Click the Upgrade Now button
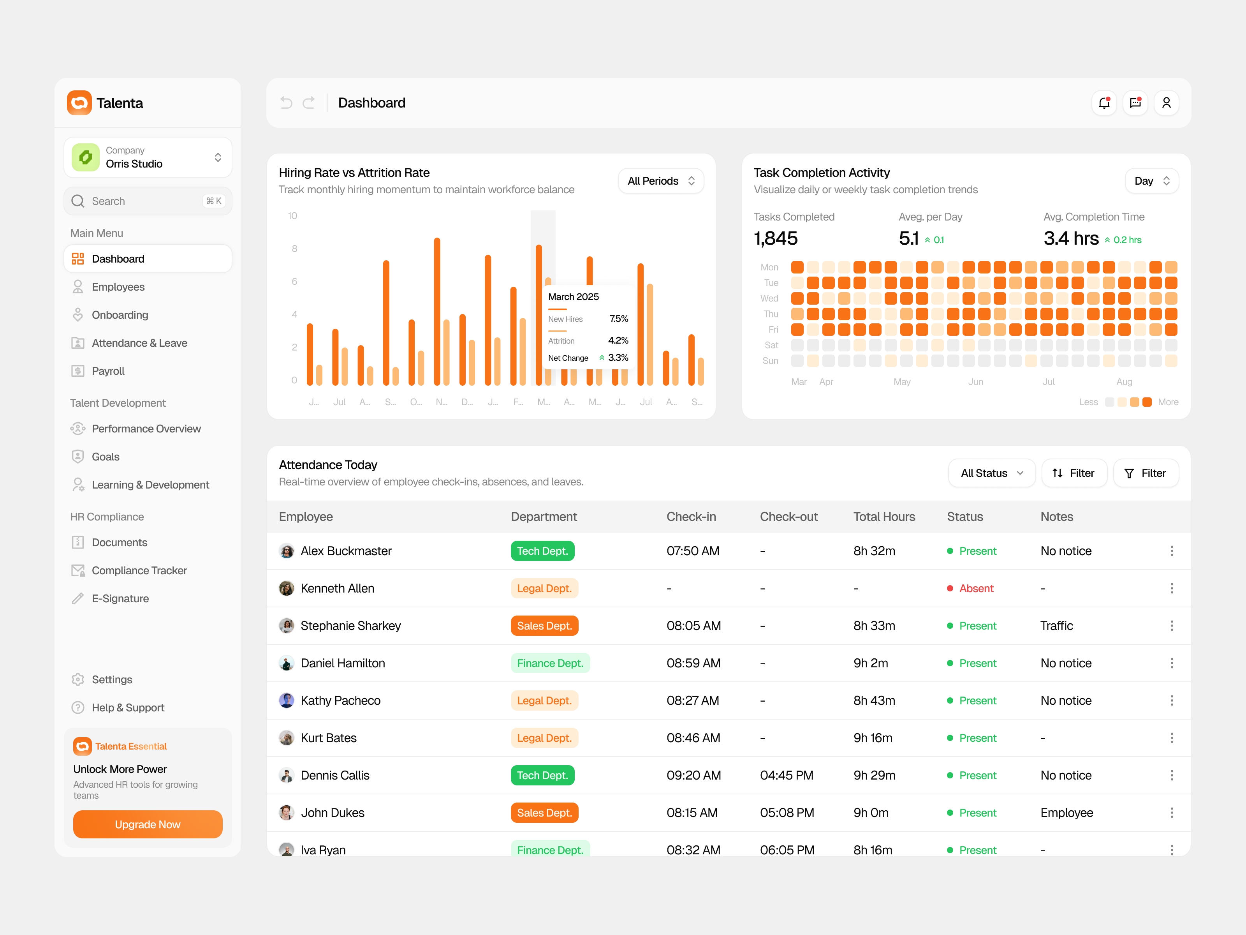(148, 824)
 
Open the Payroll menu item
(108, 371)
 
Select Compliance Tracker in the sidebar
(139, 570)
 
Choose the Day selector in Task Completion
(1151, 181)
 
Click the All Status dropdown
(991, 473)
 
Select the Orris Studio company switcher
(148, 157)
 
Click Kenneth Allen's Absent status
(976, 588)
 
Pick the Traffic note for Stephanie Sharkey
(1056, 626)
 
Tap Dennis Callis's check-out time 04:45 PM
(787, 776)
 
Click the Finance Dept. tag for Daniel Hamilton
(550, 663)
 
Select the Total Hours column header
(884, 517)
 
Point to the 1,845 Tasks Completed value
(776, 239)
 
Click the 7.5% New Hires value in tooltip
(618, 319)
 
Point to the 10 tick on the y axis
(292, 216)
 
